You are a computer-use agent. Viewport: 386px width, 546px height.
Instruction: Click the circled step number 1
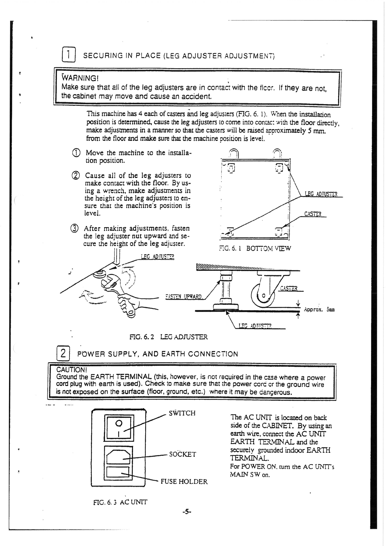(75, 153)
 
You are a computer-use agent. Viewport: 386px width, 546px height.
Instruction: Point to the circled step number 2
(75, 176)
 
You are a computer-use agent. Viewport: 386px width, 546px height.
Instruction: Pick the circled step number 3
(75, 228)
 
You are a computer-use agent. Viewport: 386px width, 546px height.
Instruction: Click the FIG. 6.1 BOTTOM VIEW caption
(255, 249)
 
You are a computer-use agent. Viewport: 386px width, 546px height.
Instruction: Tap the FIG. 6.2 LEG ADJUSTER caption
(168, 337)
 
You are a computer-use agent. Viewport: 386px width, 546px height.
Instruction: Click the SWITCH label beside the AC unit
(182, 413)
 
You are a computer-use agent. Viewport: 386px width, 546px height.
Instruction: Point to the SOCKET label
(183, 454)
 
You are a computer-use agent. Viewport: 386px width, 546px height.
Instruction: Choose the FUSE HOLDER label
(184, 481)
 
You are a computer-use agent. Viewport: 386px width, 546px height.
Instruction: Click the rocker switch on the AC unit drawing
(119, 428)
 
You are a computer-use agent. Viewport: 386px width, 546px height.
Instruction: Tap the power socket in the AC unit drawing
(119, 455)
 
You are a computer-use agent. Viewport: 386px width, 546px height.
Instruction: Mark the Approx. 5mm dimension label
(319, 310)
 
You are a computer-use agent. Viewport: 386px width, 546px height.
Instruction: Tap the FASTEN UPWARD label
(184, 297)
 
